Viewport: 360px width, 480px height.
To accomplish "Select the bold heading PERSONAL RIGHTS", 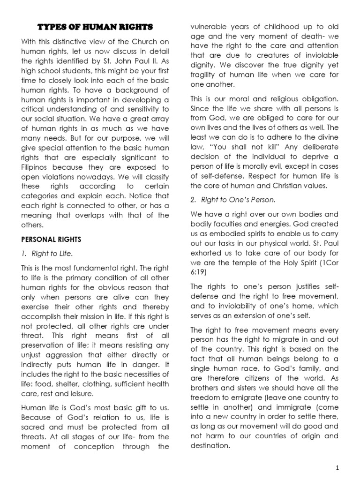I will (x=51, y=239).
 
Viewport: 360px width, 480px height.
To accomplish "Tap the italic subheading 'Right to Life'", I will (x=52, y=254).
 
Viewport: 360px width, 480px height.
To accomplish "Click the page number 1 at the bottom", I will (x=344, y=468).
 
